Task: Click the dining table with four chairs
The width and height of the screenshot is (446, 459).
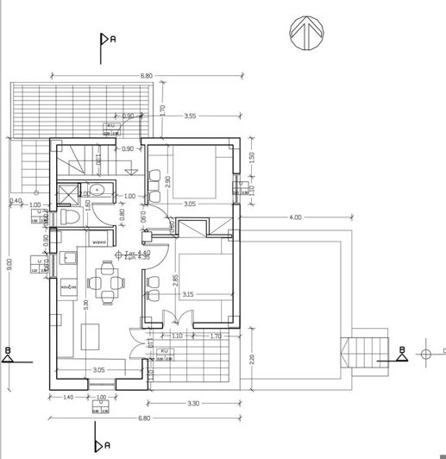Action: click(x=108, y=282)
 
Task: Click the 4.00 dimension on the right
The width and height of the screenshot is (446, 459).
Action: click(x=296, y=217)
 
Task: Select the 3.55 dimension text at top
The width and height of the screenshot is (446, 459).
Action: click(x=191, y=116)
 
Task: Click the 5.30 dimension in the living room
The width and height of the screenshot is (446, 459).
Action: click(x=85, y=304)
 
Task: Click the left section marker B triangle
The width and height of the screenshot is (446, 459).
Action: click(x=8, y=355)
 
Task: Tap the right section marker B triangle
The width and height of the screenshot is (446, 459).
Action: click(x=401, y=354)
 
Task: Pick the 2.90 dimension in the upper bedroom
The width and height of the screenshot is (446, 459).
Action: click(x=169, y=182)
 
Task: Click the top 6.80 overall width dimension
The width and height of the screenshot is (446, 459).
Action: click(x=147, y=76)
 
